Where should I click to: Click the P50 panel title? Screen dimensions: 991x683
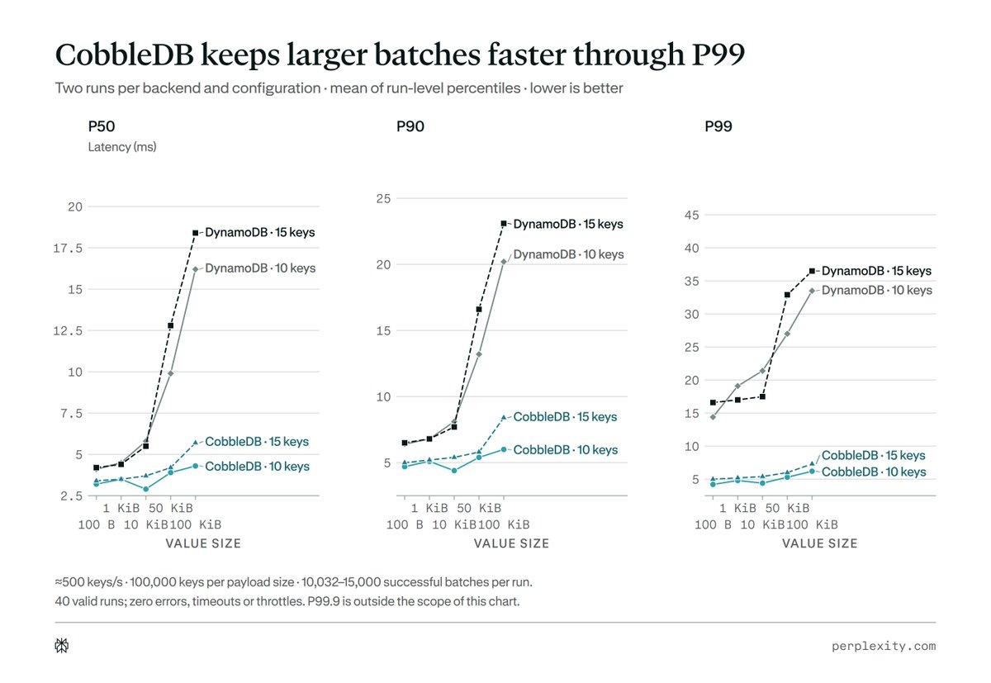tap(102, 126)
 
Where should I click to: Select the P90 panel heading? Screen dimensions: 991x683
tap(410, 126)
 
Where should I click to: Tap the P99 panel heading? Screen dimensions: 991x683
tap(718, 126)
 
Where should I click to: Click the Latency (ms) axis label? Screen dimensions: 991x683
tap(122, 147)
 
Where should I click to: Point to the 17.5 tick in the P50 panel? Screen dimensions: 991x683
tap(68, 248)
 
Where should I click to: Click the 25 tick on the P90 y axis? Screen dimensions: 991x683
tap(383, 198)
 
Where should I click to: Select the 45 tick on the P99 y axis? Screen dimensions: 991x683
tap(691, 215)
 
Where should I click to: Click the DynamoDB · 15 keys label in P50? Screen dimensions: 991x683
tap(259, 232)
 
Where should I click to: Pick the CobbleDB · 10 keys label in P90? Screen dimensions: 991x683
tap(566, 450)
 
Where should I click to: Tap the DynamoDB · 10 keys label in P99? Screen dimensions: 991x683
tap(877, 290)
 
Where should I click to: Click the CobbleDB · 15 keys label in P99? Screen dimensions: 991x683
tap(874, 455)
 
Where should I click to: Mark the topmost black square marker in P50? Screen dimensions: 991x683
tap(196, 233)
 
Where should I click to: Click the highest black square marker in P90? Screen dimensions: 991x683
tap(504, 224)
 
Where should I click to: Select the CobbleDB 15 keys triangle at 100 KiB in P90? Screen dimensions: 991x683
tap(504, 417)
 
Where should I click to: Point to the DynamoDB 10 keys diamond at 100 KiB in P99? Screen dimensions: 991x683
tap(812, 291)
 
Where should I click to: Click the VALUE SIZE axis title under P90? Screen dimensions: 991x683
tap(511, 543)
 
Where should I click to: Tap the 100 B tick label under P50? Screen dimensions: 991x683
tap(97, 524)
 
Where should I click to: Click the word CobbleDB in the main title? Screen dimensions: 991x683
tap(125, 55)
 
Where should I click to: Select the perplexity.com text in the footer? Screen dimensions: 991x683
tap(884, 646)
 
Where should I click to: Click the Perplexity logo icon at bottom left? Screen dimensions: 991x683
tap(62, 645)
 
